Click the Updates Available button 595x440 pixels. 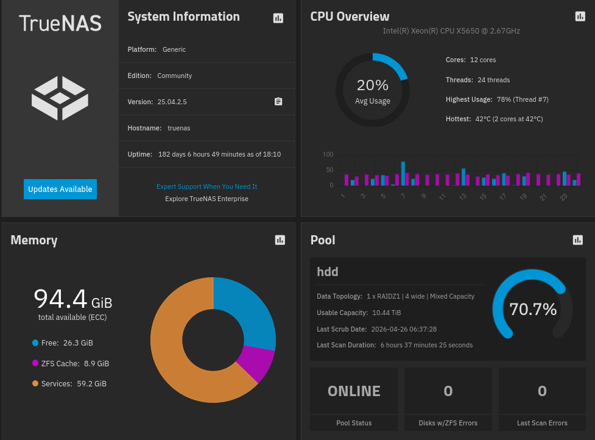coord(60,189)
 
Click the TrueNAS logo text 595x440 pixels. coord(60,23)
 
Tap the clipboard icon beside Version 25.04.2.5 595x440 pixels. coord(278,102)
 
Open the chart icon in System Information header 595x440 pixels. coord(278,18)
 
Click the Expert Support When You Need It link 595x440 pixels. coord(206,186)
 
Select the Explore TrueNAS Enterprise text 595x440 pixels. coord(206,199)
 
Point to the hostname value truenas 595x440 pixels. coord(179,128)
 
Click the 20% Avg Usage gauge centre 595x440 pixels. coord(372,90)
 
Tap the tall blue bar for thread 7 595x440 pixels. coord(403,173)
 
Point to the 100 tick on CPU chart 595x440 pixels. coord(328,154)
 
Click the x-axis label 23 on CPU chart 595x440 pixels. coord(563,197)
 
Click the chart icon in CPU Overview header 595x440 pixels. coord(580,16)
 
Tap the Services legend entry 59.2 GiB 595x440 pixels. coord(73,384)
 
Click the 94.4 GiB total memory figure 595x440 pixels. coord(72,299)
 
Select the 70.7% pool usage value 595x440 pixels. coord(533,310)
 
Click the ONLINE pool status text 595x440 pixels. coord(354,391)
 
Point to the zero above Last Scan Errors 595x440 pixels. coord(542,391)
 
